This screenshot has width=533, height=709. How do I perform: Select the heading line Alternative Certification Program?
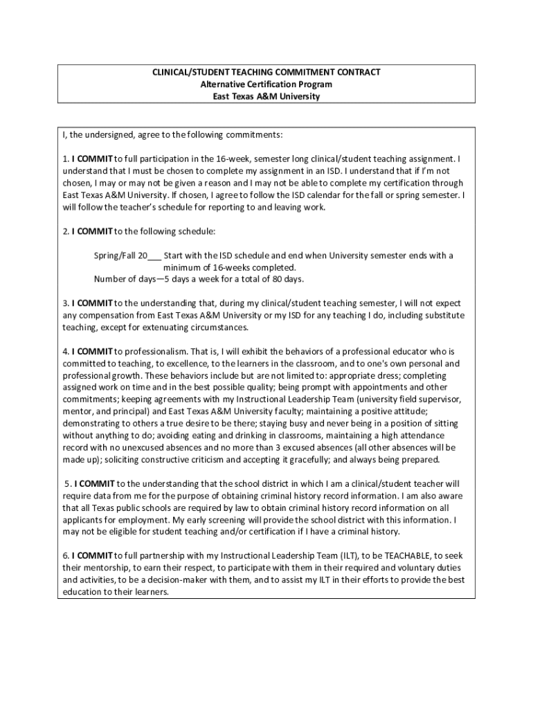pos(266,84)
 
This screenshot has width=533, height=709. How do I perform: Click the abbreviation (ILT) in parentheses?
pos(349,555)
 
